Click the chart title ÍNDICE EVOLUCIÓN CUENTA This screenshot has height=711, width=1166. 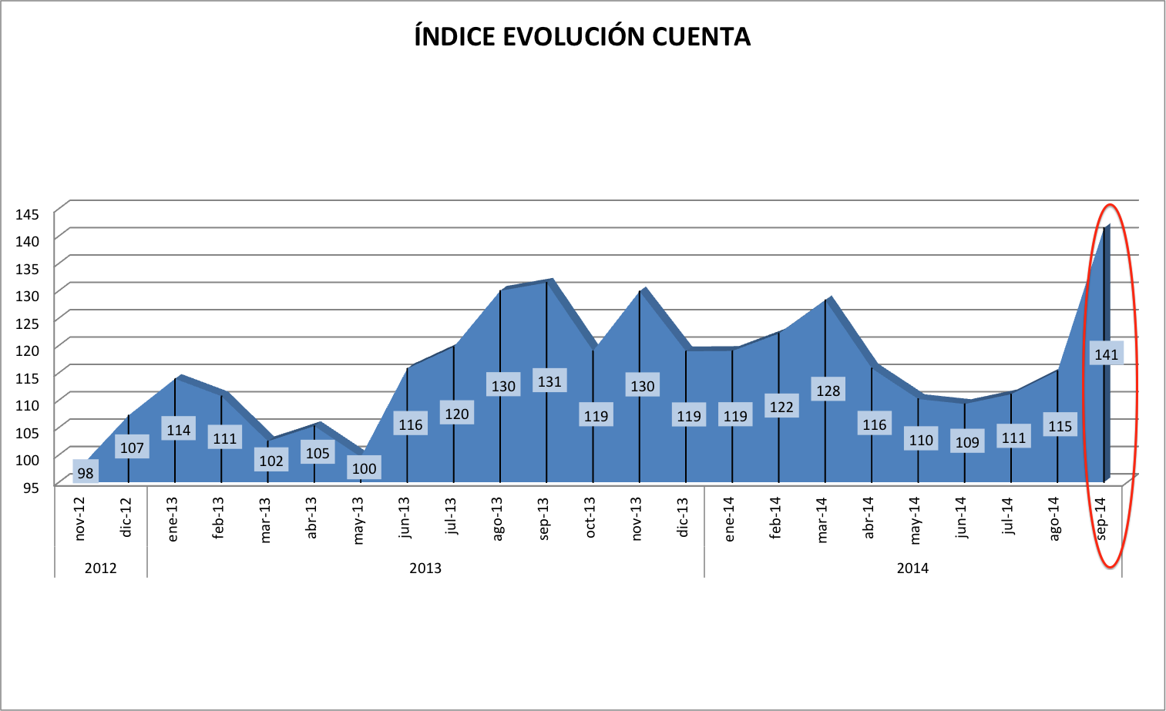click(x=582, y=37)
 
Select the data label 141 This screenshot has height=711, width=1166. click(x=1106, y=354)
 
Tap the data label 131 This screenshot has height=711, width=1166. click(x=549, y=381)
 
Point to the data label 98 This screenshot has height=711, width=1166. click(x=86, y=472)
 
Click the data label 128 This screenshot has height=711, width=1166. click(x=828, y=391)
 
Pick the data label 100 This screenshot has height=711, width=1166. click(x=364, y=468)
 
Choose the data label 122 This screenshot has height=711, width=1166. click(x=781, y=407)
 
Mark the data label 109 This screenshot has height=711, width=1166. click(x=967, y=442)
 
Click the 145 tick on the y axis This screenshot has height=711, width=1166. click(x=27, y=214)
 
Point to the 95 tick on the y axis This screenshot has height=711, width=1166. click(x=31, y=487)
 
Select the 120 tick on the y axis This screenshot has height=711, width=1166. click(x=27, y=350)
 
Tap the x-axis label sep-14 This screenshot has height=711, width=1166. click(x=1100, y=518)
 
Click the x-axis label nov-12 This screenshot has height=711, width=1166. click(x=79, y=518)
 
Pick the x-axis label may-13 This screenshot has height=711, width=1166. click(x=358, y=520)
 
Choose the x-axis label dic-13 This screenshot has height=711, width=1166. click(x=683, y=517)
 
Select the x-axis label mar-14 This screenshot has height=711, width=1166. click(x=822, y=519)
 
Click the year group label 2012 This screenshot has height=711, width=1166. click(x=100, y=568)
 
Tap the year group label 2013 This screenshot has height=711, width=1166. click(x=425, y=568)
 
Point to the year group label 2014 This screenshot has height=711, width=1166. click(x=912, y=568)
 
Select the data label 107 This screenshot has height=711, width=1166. click(x=132, y=448)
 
